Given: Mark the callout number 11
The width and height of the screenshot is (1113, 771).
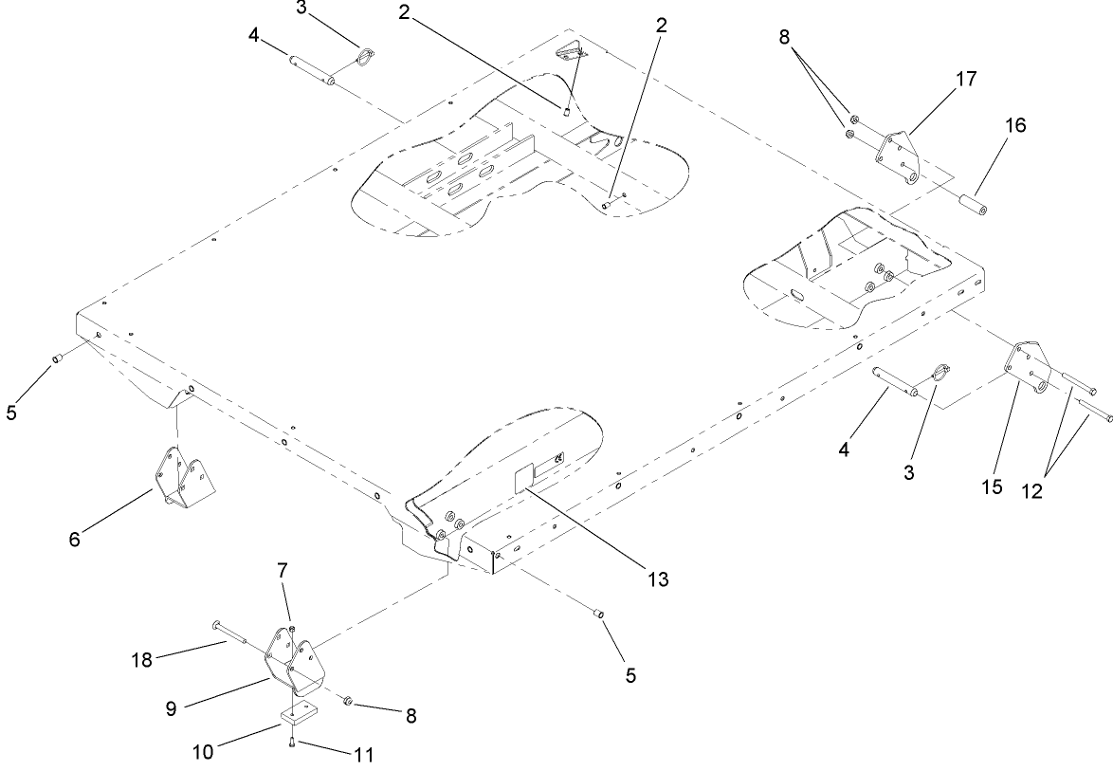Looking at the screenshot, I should point(362,756).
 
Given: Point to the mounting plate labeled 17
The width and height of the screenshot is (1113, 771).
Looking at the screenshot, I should point(899,156).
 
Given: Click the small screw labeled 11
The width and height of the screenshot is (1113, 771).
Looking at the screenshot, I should point(295,742).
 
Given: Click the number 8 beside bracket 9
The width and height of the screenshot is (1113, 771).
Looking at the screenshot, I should point(410,716).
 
